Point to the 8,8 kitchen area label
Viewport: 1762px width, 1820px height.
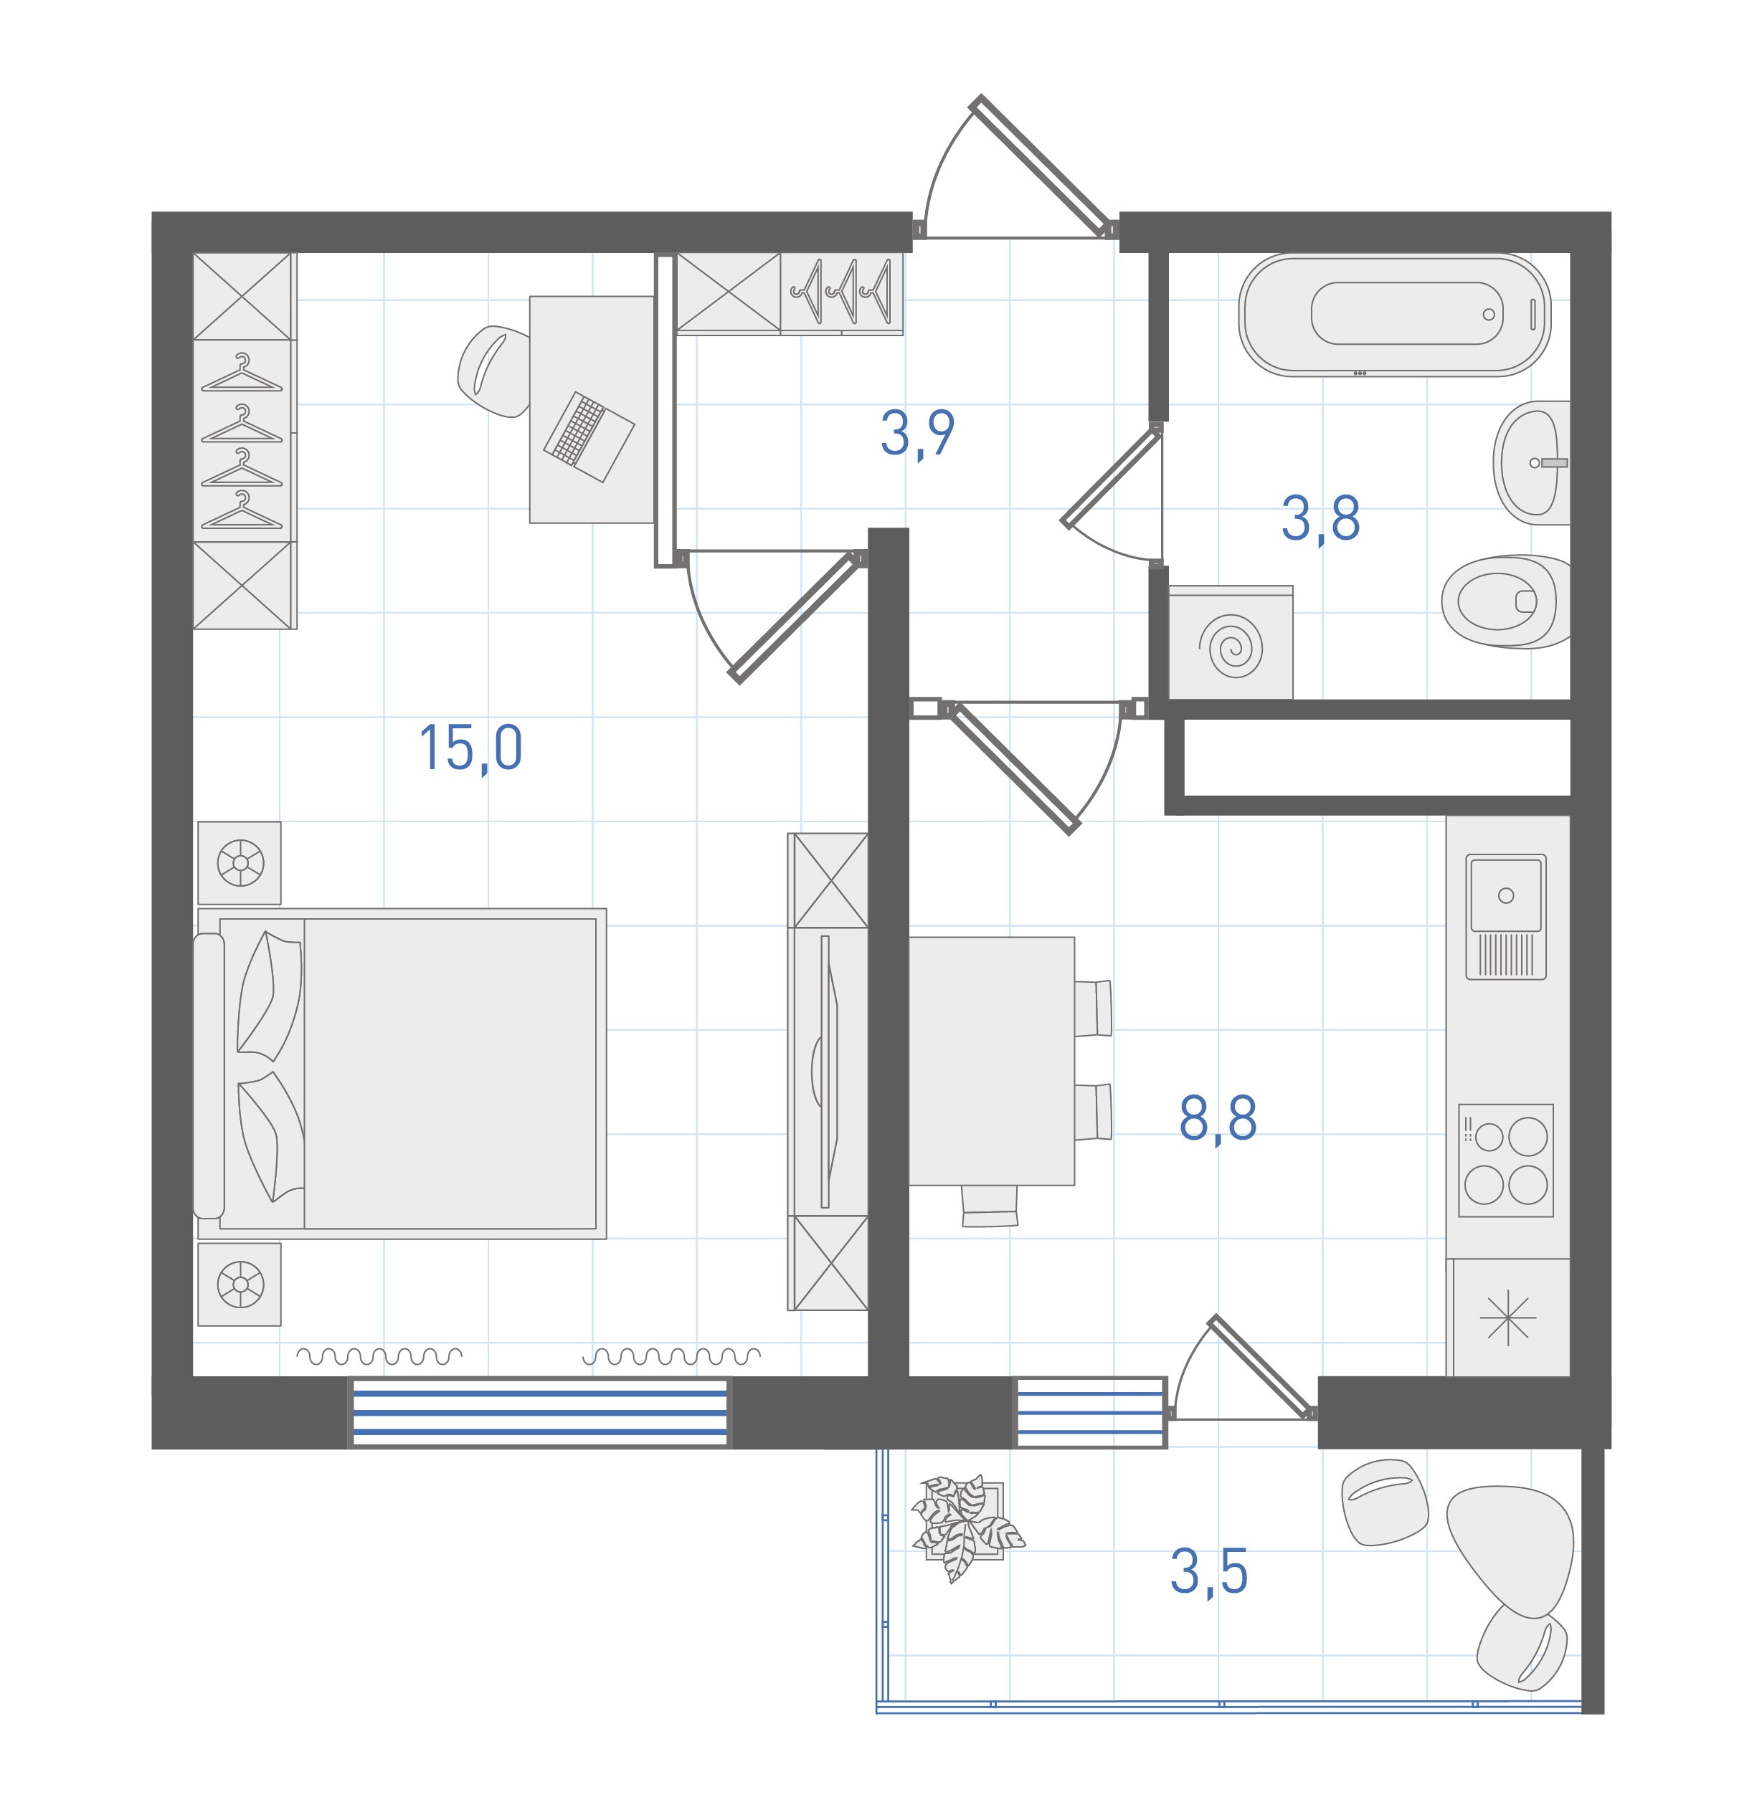(1218, 1119)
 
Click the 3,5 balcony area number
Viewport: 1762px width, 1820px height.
(1208, 1572)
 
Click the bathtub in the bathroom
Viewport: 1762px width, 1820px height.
(1394, 314)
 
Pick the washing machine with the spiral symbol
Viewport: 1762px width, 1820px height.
(1230, 644)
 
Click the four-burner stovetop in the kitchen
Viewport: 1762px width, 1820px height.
(1506, 1160)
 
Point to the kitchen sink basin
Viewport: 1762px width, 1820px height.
(1506, 896)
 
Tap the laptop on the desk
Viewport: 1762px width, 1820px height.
(589, 437)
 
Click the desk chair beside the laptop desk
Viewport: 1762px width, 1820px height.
(495, 371)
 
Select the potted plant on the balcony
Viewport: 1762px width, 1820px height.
(966, 1525)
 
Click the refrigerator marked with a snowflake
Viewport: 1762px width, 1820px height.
(1508, 1317)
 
